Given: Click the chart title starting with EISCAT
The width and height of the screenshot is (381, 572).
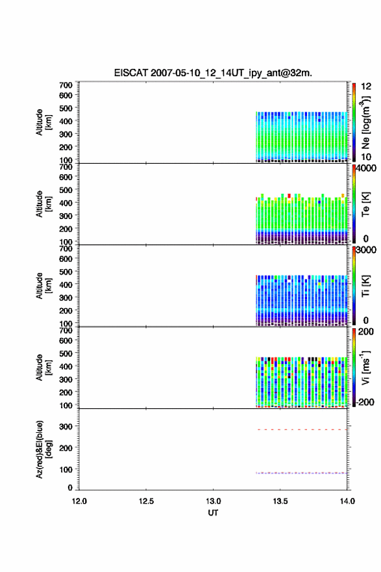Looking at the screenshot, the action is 213,73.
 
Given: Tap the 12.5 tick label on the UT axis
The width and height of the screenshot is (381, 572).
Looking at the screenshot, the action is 146,501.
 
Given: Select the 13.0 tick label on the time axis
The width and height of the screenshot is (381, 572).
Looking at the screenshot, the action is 213,501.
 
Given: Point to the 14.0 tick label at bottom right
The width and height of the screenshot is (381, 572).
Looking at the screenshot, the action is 347,501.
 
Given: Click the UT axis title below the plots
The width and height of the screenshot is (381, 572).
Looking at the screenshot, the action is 213,513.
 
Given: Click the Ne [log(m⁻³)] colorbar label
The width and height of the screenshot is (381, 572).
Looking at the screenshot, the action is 365,122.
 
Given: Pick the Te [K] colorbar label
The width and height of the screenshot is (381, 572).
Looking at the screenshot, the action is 365,205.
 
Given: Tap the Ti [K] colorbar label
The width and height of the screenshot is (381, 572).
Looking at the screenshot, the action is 365,285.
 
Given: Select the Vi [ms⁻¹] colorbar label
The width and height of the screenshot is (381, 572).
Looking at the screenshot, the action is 365,367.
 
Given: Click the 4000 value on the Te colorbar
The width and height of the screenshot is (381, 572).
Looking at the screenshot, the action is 366,169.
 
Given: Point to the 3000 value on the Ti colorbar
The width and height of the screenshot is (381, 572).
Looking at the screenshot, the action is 366,250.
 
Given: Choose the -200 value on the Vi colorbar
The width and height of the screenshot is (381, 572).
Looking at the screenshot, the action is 365,402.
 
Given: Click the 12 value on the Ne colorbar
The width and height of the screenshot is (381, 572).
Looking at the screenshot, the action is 366,86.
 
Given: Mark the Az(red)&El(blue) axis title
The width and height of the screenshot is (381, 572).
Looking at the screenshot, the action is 43,449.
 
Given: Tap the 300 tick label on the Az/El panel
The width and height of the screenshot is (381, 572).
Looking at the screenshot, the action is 66,426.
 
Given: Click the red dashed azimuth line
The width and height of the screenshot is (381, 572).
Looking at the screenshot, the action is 302,430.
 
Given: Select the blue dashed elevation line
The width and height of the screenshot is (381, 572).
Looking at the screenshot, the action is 302,473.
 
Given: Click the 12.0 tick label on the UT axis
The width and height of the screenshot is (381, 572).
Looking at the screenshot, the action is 79,501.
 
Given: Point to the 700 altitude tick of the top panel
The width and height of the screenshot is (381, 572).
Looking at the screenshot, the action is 66,85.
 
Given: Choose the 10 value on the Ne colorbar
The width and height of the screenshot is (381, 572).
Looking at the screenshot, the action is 366,157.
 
